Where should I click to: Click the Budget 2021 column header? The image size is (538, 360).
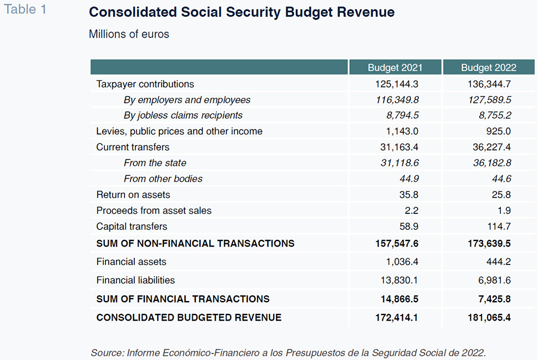[x=395, y=68]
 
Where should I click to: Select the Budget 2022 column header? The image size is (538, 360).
[x=489, y=68]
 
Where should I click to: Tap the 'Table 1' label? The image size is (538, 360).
[x=25, y=9]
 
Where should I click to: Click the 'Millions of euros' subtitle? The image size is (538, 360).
[x=129, y=34]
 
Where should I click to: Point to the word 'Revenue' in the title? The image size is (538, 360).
[x=366, y=12]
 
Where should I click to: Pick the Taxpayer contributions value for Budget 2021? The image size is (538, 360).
[x=396, y=84]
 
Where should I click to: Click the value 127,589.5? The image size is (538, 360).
[x=490, y=100]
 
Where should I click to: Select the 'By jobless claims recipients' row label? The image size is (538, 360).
[x=183, y=116]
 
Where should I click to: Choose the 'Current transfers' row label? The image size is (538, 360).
[x=133, y=147]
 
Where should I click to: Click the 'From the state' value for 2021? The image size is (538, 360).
[x=400, y=163]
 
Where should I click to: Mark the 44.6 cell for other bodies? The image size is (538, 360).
[x=501, y=179]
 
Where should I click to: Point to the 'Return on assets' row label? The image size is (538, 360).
[x=133, y=194]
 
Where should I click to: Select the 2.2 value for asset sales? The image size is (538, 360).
[x=411, y=211]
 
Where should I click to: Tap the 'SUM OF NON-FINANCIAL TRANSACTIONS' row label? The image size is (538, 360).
[x=195, y=243]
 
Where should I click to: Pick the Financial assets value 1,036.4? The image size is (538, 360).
[x=402, y=262]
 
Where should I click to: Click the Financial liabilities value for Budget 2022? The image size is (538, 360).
[x=495, y=281]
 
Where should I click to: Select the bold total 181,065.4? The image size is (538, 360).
[x=489, y=317]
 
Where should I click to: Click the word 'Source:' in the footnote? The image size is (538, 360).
[x=107, y=353]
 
